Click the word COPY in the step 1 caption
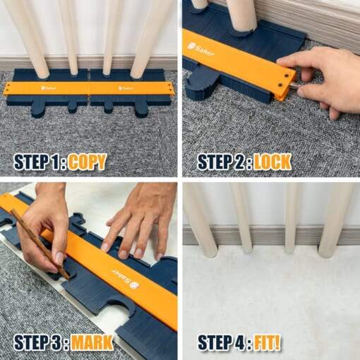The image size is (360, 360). click(x=87, y=162)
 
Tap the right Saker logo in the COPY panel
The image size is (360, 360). click(x=126, y=88)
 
